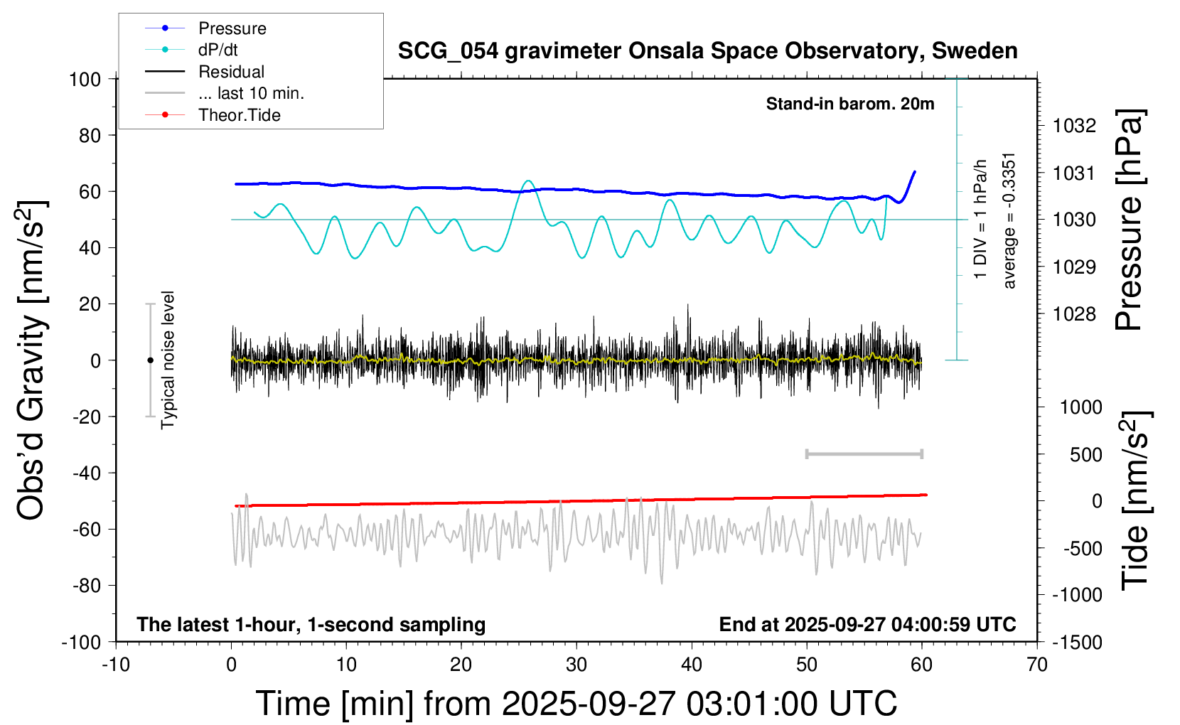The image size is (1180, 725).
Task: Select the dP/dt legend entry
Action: point(218,50)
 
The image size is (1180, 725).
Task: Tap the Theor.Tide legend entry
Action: point(239,115)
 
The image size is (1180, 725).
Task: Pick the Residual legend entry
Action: point(231,72)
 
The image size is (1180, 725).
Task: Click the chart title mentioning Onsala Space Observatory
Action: point(707,51)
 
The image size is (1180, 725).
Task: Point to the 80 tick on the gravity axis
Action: point(90,135)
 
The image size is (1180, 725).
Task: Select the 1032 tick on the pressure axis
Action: point(1074,126)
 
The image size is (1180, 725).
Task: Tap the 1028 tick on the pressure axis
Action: point(1074,314)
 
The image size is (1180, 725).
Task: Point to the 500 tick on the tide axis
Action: point(1085,455)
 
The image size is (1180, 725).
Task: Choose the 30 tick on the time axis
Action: point(576,665)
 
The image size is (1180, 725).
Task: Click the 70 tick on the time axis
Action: point(1037,665)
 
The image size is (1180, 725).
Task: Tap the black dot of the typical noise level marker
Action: point(150,360)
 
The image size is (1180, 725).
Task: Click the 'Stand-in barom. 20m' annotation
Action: point(849,104)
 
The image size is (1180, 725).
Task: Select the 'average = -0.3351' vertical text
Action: point(1009,220)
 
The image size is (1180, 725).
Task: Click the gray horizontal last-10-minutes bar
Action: point(864,453)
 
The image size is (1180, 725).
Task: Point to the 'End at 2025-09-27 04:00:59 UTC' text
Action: point(867,625)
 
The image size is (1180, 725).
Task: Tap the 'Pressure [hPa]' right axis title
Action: point(1130,220)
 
